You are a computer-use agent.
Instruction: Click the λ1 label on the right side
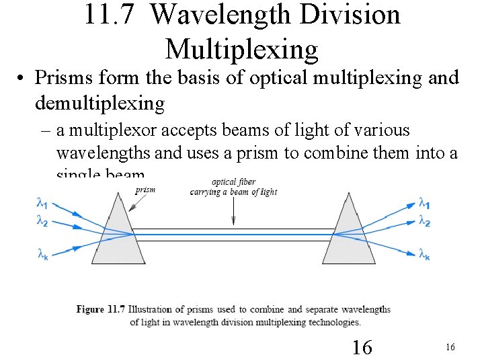424,202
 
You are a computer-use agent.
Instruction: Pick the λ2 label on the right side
424,220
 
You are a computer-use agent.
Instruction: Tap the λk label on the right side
424,254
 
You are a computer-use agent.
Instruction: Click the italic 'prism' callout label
145,190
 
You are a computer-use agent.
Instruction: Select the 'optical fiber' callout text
233,182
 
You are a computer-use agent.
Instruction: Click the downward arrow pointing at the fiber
233,211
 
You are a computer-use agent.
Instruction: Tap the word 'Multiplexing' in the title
241,48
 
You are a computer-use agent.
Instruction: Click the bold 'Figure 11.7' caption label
99,309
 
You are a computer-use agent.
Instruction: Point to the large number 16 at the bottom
362,347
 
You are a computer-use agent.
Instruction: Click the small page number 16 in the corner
450,347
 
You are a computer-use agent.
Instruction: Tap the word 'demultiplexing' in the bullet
99,103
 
